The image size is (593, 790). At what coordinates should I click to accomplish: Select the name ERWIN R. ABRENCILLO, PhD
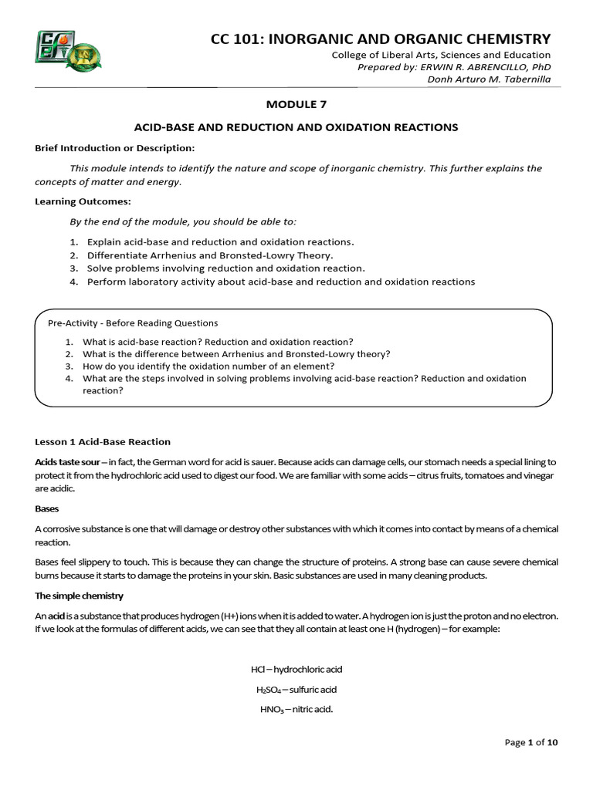pyautogui.click(x=483, y=67)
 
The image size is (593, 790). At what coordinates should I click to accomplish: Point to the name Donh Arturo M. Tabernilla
pyautogui.click(x=489, y=79)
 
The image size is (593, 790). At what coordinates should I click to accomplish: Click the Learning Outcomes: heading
pyautogui.click(x=83, y=201)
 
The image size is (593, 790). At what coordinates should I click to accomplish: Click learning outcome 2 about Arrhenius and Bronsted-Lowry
pyautogui.click(x=210, y=255)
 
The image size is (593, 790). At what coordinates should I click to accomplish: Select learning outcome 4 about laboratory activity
pyautogui.click(x=280, y=282)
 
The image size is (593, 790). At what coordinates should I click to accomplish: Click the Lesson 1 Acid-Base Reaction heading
pyautogui.click(x=103, y=442)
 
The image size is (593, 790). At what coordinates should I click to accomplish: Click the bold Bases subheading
pyautogui.click(x=47, y=509)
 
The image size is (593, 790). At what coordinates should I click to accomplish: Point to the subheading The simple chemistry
pyautogui.click(x=79, y=596)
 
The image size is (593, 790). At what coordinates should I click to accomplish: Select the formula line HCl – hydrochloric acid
pyautogui.click(x=296, y=670)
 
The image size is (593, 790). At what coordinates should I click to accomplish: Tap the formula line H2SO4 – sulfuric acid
pyautogui.click(x=296, y=690)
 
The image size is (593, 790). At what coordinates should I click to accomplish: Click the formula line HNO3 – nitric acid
pyautogui.click(x=296, y=709)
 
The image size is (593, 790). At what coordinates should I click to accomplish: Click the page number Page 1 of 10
pyautogui.click(x=531, y=742)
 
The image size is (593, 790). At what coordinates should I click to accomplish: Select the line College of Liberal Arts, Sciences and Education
pyautogui.click(x=441, y=55)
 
